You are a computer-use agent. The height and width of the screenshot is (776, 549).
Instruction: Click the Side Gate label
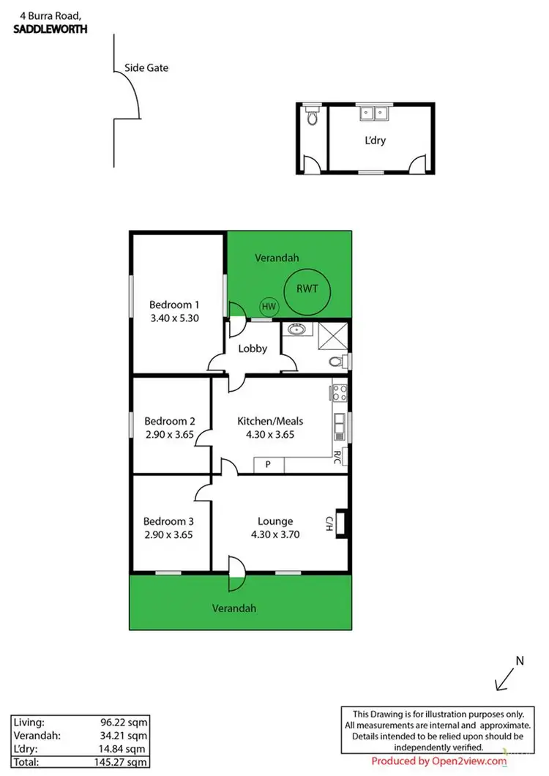click(x=152, y=68)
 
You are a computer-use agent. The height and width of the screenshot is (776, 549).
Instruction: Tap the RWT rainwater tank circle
click(x=307, y=288)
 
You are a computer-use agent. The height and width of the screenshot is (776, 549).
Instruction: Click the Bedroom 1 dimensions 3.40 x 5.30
click(x=174, y=318)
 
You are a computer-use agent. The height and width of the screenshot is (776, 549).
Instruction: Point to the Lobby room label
click(x=253, y=348)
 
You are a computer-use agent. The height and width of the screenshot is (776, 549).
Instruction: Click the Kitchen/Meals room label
click(x=270, y=421)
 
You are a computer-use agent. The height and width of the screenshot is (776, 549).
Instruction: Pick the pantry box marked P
click(x=268, y=464)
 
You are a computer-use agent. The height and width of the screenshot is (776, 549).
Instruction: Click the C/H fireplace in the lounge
click(x=339, y=522)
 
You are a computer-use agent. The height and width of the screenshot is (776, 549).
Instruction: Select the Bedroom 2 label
click(x=170, y=421)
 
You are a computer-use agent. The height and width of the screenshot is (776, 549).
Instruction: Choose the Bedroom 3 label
click(x=168, y=521)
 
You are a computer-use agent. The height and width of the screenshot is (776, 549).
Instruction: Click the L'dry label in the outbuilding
click(x=375, y=141)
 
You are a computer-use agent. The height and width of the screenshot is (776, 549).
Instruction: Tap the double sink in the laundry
click(x=375, y=113)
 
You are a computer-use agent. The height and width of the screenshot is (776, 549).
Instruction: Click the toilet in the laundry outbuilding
click(x=313, y=117)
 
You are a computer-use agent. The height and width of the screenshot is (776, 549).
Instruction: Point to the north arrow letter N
click(x=520, y=660)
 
